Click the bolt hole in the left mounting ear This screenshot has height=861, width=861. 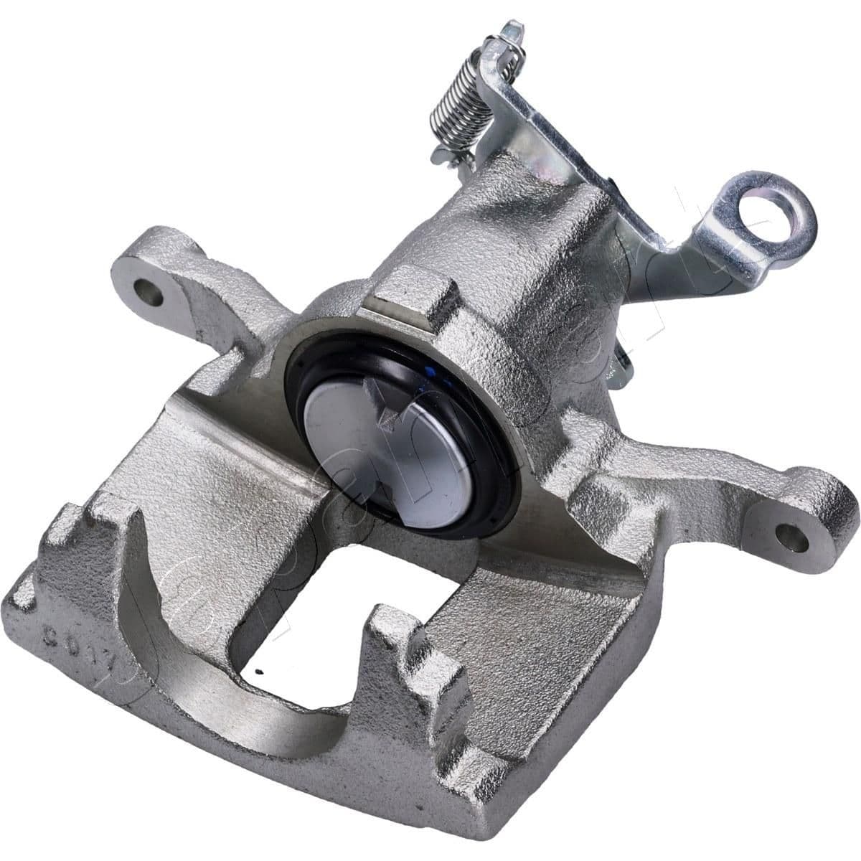point(149,291)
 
